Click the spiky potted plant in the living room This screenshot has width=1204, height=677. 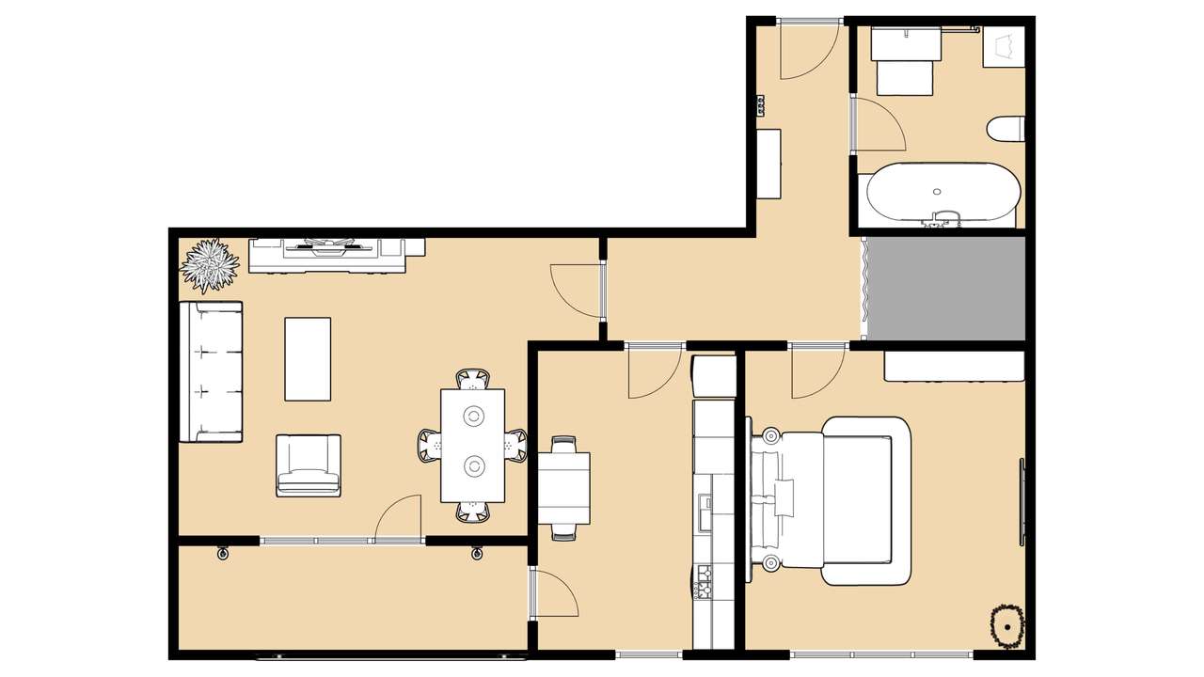coord(209,265)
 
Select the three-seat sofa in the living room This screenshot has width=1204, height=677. coord(211,371)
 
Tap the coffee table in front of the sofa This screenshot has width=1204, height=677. coord(308,358)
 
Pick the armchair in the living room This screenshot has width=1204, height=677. coord(309,465)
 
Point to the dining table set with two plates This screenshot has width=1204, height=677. coord(473,445)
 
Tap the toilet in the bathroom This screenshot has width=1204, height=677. coord(1007,129)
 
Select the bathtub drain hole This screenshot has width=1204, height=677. coord(937,192)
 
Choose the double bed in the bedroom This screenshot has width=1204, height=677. coord(832,500)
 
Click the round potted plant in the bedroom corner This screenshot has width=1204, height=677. coord(1007,624)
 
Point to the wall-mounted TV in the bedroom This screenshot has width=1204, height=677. coord(1022,501)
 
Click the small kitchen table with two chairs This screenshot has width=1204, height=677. coord(563,488)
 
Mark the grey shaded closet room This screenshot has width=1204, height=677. coord(945,288)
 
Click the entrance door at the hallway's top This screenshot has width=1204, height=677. coord(807,47)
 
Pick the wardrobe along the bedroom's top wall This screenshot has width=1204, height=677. coord(953,366)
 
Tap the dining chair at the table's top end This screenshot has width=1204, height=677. coord(473,379)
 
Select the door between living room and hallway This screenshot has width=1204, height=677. coord(578,290)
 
